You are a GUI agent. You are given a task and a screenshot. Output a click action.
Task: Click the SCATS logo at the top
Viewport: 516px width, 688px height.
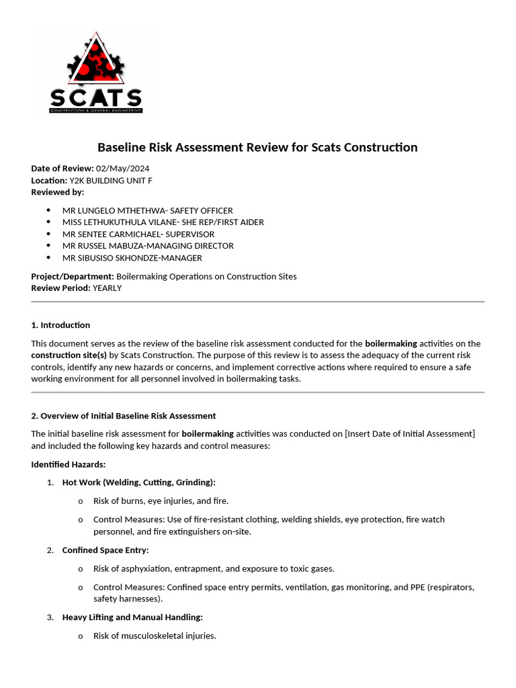(x=95, y=73)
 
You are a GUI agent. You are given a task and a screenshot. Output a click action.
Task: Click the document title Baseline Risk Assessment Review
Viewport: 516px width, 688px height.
(x=257, y=147)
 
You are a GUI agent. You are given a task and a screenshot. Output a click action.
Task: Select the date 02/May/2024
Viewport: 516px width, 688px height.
(x=122, y=169)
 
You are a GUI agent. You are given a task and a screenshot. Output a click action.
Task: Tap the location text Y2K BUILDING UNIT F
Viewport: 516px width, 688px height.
(x=116, y=180)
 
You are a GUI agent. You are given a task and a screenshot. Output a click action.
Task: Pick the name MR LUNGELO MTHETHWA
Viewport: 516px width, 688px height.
(x=111, y=210)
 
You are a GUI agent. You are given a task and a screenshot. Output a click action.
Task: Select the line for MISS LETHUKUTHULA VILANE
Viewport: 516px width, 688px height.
(x=163, y=222)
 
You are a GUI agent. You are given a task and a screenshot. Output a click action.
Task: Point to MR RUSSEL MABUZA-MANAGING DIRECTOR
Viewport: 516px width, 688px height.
(x=148, y=246)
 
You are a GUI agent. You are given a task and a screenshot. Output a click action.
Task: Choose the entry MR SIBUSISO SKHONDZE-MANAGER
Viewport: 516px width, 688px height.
(x=132, y=258)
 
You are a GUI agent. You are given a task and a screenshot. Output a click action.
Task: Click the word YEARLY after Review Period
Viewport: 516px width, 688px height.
(x=107, y=288)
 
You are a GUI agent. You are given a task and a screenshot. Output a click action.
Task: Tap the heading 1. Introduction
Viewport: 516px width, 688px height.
(x=60, y=325)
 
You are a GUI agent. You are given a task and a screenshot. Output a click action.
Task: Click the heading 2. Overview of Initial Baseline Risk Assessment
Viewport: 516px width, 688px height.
(x=124, y=416)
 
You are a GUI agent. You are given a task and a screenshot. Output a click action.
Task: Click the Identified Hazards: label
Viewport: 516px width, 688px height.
(x=68, y=464)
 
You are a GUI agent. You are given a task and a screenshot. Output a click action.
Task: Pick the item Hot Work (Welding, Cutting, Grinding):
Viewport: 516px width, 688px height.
(x=138, y=482)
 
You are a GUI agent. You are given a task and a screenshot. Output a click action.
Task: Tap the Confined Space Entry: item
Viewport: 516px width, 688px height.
(x=105, y=550)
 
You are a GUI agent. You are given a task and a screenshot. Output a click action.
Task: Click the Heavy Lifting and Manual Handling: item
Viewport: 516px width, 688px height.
(x=132, y=617)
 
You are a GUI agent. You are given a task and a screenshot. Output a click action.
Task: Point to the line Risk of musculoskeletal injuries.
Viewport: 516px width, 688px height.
(x=155, y=636)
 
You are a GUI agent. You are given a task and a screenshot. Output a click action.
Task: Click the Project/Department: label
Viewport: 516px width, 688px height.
(x=73, y=276)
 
